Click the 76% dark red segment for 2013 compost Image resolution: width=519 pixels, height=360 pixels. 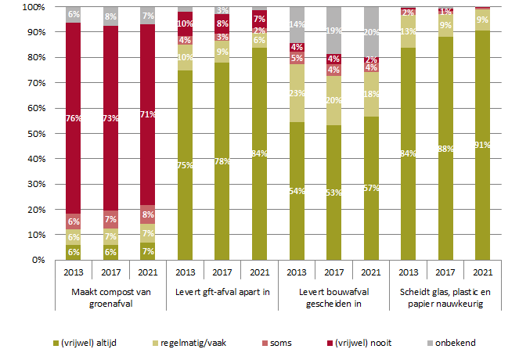[x=74, y=118]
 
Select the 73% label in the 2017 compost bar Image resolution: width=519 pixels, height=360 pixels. [x=110, y=118]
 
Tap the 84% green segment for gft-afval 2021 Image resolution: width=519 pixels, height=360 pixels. [x=259, y=153]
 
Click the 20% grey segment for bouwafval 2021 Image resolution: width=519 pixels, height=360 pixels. [x=370, y=32]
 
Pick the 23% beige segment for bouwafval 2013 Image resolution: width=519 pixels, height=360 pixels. [x=297, y=93]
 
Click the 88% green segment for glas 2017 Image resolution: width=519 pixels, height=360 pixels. [x=445, y=148]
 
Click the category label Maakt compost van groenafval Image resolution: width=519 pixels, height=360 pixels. [x=110, y=298]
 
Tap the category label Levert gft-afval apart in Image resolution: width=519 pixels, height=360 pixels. [x=222, y=293]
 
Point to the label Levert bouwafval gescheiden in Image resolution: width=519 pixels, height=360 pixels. [x=333, y=298]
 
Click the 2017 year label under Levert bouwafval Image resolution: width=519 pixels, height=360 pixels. [x=333, y=274]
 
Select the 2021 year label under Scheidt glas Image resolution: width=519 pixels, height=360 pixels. [x=482, y=274]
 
